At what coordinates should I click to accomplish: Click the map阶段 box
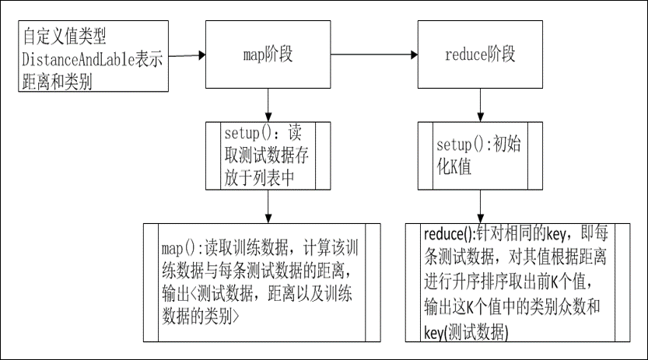(267, 54)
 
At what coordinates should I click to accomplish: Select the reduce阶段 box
(479, 54)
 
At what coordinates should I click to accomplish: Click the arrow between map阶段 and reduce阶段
(374, 55)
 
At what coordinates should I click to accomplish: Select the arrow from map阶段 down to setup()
(267, 104)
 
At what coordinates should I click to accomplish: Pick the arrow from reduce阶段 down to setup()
(479, 104)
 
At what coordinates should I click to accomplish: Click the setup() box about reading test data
(267, 156)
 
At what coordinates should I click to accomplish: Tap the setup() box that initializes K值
(479, 156)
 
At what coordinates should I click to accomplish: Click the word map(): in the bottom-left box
(181, 248)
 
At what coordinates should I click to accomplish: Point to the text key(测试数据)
(466, 332)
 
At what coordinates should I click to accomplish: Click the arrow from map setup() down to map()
(267, 207)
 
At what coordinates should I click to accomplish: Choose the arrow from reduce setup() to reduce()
(479, 206)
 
